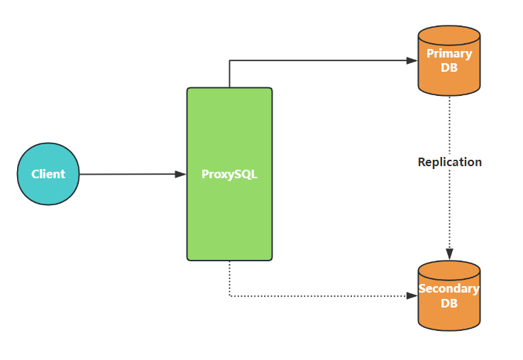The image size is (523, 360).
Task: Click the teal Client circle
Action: (x=48, y=174)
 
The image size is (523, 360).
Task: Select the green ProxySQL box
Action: (x=229, y=213)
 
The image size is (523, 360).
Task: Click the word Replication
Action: (x=449, y=162)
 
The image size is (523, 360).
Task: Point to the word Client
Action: (x=48, y=174)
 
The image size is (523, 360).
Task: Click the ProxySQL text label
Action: (x=229, y=174)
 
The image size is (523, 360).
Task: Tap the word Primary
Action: (x=449, y=53)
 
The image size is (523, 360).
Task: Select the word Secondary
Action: (x=449, y=289)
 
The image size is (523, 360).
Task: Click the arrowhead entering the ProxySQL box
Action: (x=181, y=174)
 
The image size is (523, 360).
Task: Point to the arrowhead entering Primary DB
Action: (x=412, y=60)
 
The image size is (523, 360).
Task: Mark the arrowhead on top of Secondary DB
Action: (x=449, y=254)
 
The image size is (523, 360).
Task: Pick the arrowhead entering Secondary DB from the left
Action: (x=412, y=296)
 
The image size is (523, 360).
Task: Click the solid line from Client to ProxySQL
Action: (x=128, y=174)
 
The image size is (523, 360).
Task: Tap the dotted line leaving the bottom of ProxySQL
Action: (x=229, y=280)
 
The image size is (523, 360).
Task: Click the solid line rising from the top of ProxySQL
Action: (x=229, y=74)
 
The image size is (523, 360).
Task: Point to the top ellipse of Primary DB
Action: (x=449, y=36)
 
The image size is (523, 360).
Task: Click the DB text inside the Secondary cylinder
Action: (x=449, y=303)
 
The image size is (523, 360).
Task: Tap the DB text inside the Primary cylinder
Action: (x=449, y=67)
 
